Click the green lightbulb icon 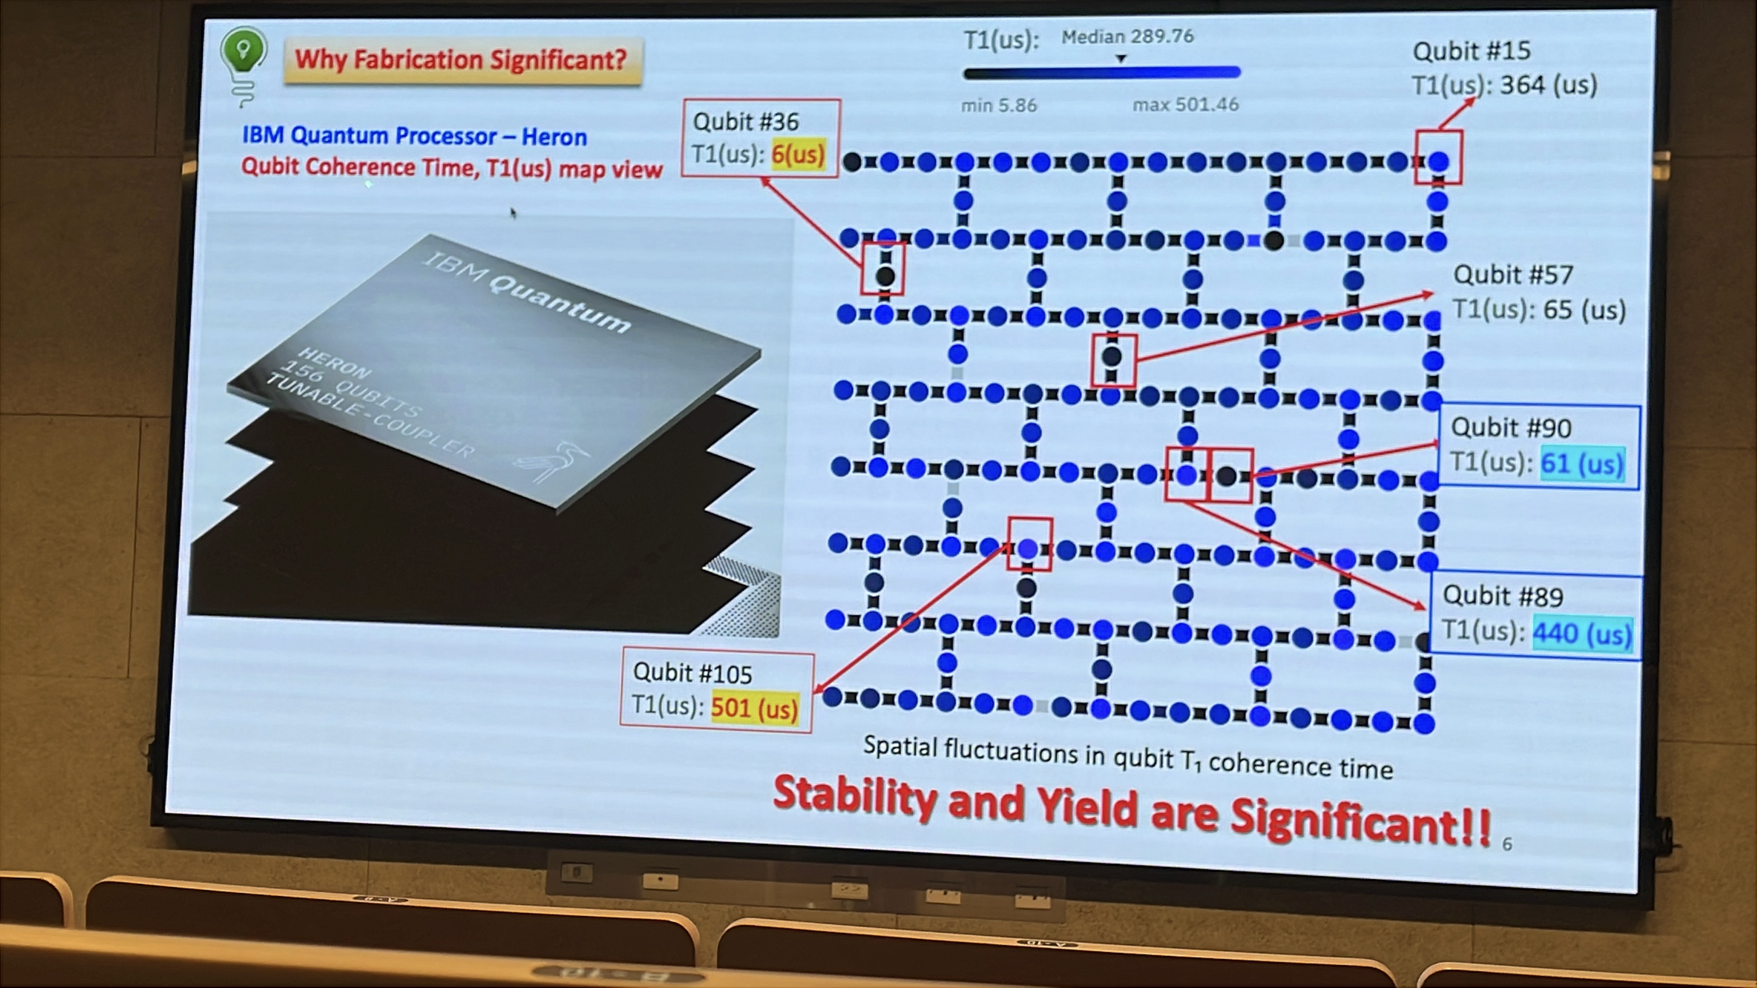coord(243,65)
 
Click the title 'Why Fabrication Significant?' coord(461,60)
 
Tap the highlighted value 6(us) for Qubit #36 coord(798,155)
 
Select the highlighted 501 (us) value coord(754,708)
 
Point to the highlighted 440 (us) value coord(1582,633)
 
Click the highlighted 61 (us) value coord(1582,464)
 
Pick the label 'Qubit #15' coord(1471,51)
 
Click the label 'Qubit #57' coord(1513,275)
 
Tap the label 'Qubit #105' coord(692,673)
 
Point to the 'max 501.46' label coord(1185,105)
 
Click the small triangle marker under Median coord(1120,59)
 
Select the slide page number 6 coord(1507,844)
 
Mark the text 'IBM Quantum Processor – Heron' coord(414,136)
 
